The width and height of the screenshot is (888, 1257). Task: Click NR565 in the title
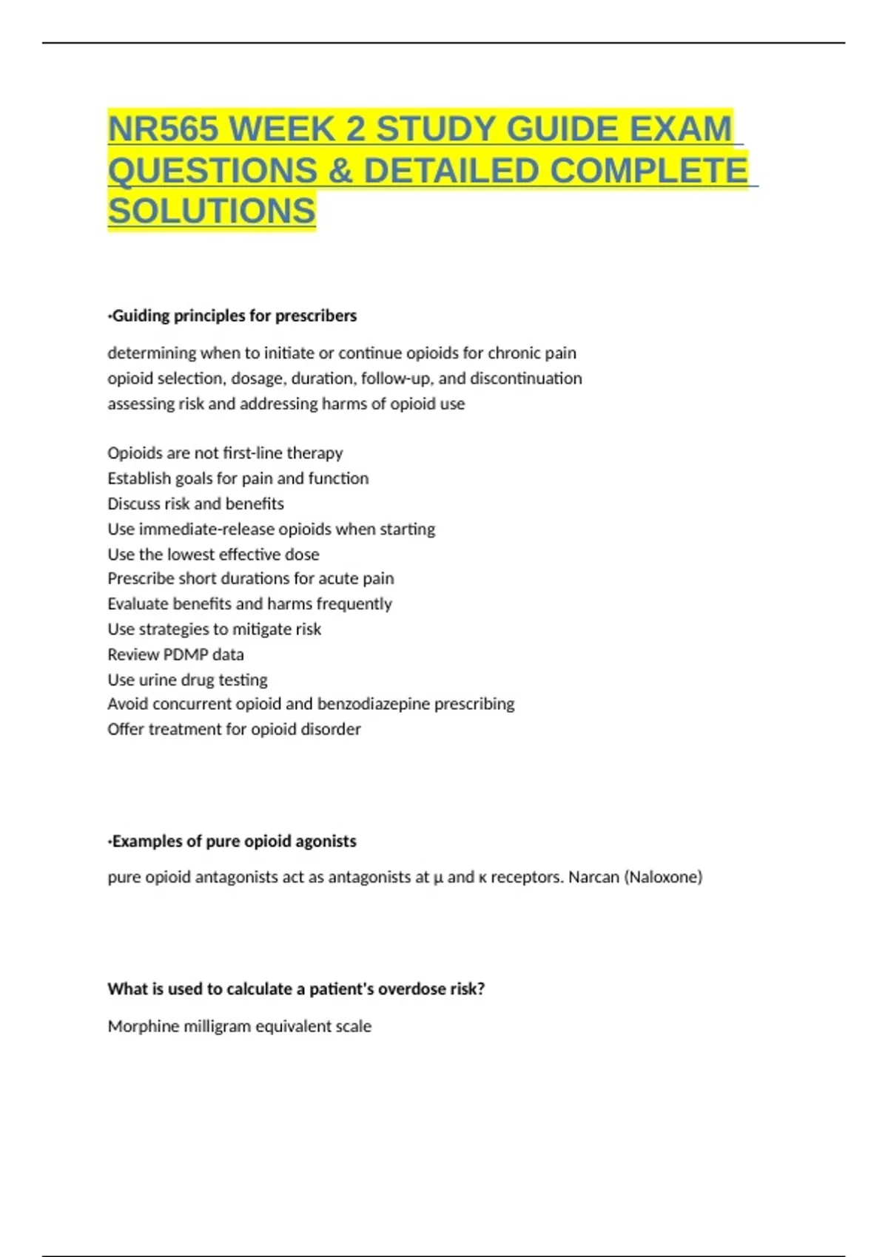coord(163,129)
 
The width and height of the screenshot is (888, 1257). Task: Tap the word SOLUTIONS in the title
coord(212,211)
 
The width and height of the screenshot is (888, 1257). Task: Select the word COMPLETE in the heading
coord(648,171)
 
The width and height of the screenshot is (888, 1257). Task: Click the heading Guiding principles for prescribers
coord(234,316)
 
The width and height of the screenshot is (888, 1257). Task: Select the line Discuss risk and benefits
coord(195,504)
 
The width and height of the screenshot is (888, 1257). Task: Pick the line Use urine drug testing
coord(187,680)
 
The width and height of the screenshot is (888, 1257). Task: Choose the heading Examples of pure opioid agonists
coord(234,841)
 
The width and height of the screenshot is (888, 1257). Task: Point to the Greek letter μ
coord(437,878)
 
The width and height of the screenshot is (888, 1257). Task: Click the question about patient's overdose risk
coord(296,989)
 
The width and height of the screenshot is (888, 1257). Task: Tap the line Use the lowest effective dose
coord(213,555)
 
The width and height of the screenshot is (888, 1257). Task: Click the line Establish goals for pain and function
coord(238,478)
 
